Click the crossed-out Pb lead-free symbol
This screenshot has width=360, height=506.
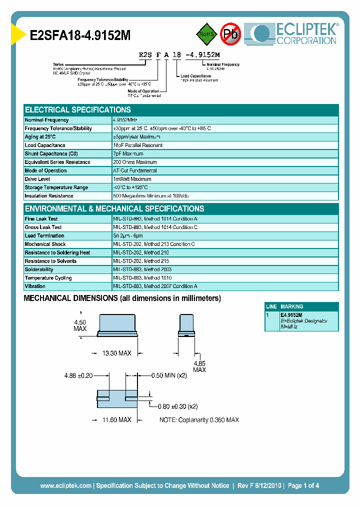pyautogui.click(x=230, y=34)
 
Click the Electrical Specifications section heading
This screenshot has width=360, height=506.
pyautogui.click(x=77, y=109)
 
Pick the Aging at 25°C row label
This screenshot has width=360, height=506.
pyautogui.click(x=40, y=137)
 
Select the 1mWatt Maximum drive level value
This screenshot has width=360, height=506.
pyautogui.click(x=132, y=179)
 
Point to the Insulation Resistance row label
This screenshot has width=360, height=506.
pyautogui.click(x=49, y=196)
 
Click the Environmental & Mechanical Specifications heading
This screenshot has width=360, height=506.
pyautogui.click(x=114, y=208)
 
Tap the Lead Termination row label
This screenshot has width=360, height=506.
pyautogui.click(x=44, y=235)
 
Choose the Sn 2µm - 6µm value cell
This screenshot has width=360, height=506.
pyautogui.click(x=128, y=235)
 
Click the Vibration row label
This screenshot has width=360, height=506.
pyautogui.click(x=35, y=286)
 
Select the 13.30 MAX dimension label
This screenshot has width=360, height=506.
pyautogui.click(x=116, y=353)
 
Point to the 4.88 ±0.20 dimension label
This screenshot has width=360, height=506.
pyautogui.click(x=78, y=375)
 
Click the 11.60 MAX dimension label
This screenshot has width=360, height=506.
pyautogui.click(x=116, y=419)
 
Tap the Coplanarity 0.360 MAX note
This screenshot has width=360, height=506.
pyautogui.click(x=199, y=419)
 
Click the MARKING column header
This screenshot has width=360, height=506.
pyautogui.click(x=292, y=306)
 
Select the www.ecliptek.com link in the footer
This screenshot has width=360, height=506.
pyautogui.click(x=65, y=485)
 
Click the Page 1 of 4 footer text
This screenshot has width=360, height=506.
pyautogui.click(x=303, y=485)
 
